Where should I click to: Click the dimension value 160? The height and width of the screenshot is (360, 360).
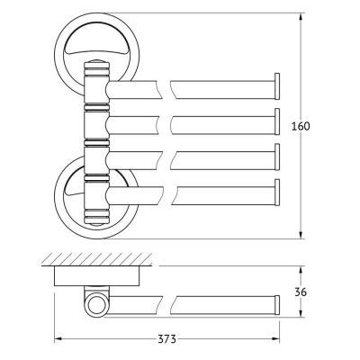pos(301,126)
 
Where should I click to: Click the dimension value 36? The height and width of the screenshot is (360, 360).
pos(301,292)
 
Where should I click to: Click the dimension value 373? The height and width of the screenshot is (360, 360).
pos(166,339)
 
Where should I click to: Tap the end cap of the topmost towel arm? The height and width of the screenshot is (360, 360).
pos(277,85)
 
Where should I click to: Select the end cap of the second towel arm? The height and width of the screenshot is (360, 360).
pos(277,121)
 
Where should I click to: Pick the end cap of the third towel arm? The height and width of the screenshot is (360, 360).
pos(277,157)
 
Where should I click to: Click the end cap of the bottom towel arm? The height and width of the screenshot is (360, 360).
pos(277,193)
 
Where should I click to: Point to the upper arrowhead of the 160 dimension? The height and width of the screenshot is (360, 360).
pos(301,18)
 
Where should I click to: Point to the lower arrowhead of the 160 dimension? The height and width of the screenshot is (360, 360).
pos(301,234)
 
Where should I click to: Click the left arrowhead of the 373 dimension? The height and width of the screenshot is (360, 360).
pos(58,339)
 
